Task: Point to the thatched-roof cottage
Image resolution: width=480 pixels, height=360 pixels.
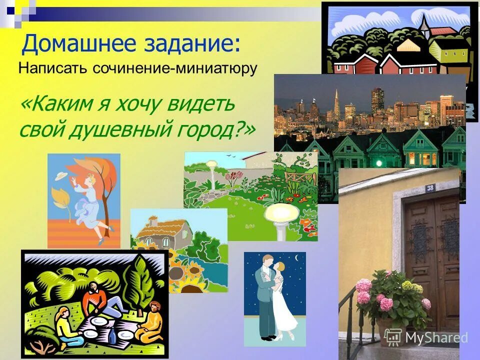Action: point(163,232)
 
